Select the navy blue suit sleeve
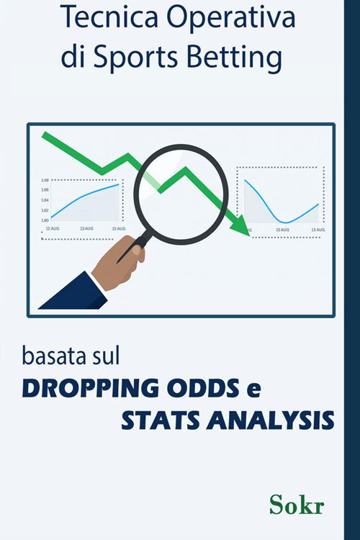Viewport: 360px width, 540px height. (72, 295)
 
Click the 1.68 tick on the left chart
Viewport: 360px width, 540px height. (45, 180)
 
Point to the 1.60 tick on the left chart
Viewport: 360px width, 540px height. (45, 220)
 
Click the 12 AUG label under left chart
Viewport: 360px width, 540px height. (53, 228)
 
